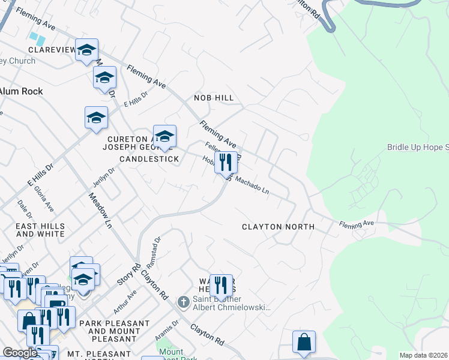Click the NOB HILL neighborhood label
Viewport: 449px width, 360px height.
[x=213, y=98]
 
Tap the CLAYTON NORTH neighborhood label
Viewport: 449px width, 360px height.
[x=278, y=227]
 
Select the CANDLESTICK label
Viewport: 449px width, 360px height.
[x=149, y=159]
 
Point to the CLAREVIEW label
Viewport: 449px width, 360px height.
[x=50, y=50]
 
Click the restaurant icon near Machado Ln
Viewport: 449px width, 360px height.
[x=226, y=163]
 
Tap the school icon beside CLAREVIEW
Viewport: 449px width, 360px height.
[x=86, y=52]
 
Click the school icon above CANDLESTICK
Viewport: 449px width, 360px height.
[x=164, y=137]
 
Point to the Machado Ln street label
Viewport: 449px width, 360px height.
[x=252, y=184]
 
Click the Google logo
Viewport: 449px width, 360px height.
[x=20, y=353]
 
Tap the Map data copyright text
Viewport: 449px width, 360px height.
[x=423, y=355]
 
